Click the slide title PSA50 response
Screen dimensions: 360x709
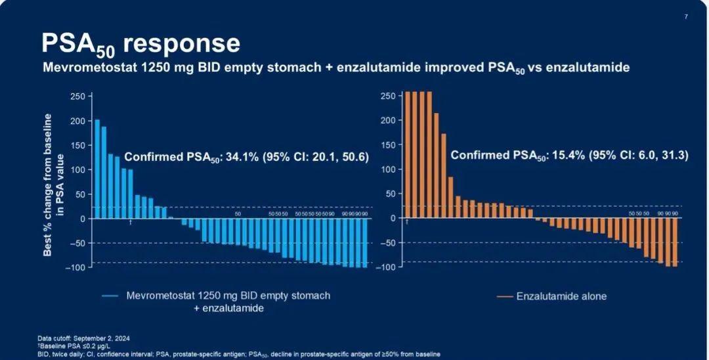point(140,43)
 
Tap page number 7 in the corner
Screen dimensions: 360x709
point(686,17)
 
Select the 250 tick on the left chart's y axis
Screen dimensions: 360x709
point(77,97)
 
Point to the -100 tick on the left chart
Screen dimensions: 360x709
point(75,267)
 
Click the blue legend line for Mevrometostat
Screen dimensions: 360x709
point(110,296)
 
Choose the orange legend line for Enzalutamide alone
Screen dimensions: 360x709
point(505,297)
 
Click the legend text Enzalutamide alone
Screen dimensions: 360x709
point(561,296)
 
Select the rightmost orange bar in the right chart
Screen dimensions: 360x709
point(674,242)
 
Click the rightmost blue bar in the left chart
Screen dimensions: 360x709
point(364,243)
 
